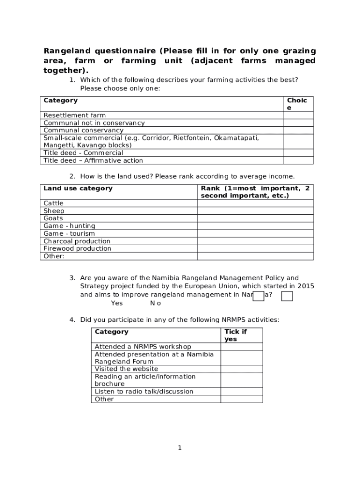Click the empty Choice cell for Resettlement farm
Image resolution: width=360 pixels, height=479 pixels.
point(298,115)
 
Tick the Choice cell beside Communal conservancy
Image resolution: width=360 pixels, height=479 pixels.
point(298,130)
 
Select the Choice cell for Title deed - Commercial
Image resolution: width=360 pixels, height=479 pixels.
point(298,152)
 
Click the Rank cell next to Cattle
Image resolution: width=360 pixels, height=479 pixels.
point(255,203)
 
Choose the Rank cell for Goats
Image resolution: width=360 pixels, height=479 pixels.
point(255,218)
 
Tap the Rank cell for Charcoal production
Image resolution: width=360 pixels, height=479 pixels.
point(255,241)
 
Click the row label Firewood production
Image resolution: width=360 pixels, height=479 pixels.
point(77,248)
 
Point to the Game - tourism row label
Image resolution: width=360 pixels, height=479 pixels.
point(69,233)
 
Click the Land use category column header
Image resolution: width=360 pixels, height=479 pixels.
point(78,188)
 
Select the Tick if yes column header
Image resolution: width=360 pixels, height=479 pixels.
point(236,335)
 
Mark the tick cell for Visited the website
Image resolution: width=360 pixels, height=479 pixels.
point(241,369)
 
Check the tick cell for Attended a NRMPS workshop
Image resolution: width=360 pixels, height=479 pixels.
point(241,346)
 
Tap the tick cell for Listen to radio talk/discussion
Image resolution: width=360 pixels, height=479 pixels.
point(241,391)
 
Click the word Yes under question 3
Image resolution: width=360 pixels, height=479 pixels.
point(117,303)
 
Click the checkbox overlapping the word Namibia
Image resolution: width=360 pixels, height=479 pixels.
point(258,296)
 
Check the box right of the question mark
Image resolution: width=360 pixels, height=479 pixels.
point(287,296)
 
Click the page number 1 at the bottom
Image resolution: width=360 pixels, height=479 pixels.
point(180,448)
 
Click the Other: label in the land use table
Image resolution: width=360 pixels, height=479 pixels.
point(54,256)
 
